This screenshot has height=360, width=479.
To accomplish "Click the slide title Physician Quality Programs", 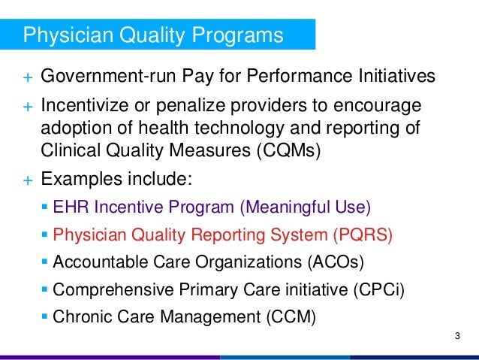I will click(154, 35).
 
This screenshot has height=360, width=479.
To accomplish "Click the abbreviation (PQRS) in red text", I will click(363, 235).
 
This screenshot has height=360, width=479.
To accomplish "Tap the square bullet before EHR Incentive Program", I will click(45, 207).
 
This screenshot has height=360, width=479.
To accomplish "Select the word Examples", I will click(84, 181).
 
